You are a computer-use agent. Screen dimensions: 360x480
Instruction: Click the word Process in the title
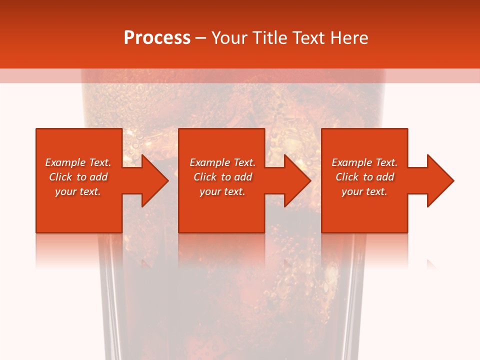pos(157,38)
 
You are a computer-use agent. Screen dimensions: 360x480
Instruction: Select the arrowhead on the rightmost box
pos(439,180)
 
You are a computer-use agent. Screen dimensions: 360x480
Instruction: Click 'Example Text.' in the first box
pos(78,162)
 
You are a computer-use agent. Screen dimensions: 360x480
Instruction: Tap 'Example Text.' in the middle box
pos(222,162)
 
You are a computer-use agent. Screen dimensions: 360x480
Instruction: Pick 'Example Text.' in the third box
pos(364,162)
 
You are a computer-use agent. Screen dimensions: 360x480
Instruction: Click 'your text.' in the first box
pos(78,191)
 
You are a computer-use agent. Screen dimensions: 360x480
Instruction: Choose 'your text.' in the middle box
pos(222,191)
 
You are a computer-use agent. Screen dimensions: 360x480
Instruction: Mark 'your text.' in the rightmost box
pos(364,191)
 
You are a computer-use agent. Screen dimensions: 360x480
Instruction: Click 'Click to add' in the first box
pos(78,177)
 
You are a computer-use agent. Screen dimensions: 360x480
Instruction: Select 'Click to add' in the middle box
pos(222,177)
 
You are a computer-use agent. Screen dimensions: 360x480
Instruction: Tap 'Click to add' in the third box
pos(364,177)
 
